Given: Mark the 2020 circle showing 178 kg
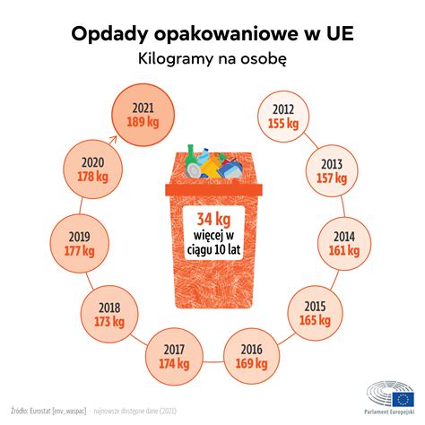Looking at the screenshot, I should coord(90,169).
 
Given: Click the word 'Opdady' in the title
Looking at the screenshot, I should coord(106,33).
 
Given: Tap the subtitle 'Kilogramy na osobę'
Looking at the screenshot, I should coord(212,59).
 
